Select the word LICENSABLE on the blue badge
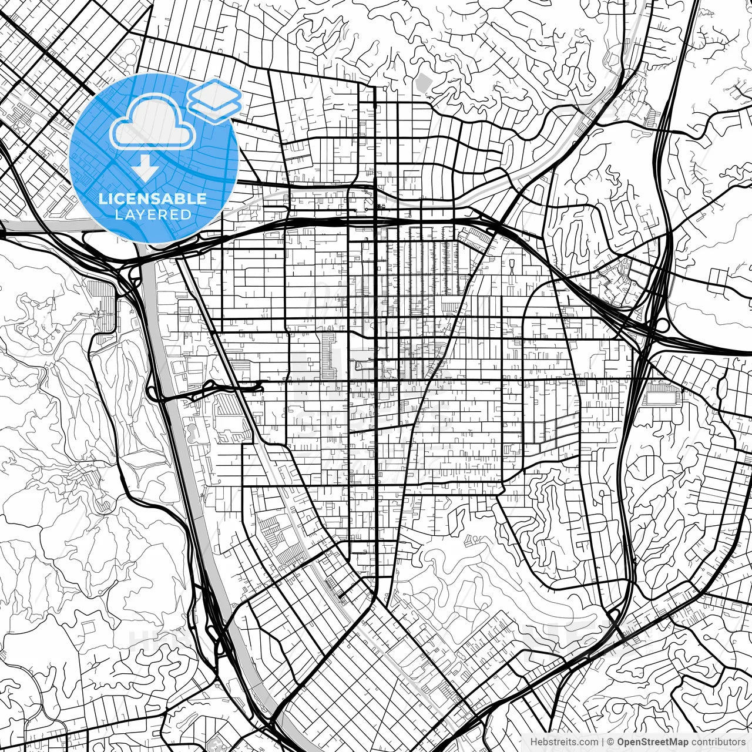point(153,199)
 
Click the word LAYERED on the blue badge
point(153,214)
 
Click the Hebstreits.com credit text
point(564,742)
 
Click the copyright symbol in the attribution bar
point(611,742)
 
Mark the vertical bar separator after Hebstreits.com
point(602,742)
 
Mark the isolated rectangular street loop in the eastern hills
point(719,281)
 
